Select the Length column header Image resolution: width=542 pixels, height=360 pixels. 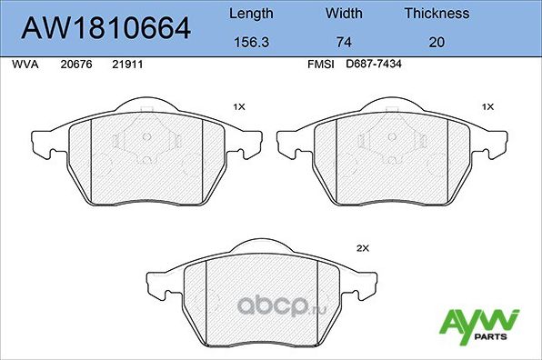point(250,14)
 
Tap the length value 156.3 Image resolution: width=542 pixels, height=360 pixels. point(250,41)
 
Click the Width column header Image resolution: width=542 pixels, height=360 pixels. point(344,14)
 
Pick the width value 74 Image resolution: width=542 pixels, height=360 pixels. point(344,41)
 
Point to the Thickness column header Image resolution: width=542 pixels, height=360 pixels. point(437,14)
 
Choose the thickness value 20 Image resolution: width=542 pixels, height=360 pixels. point(437,41)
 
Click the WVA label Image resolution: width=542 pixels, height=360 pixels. point(24,65)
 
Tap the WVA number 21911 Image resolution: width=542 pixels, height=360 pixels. point(126,65)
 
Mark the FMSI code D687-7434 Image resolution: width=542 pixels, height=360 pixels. point(374,65)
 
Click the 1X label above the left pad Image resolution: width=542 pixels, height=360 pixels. point(239,106)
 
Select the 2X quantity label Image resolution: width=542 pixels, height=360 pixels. point(361,247)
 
